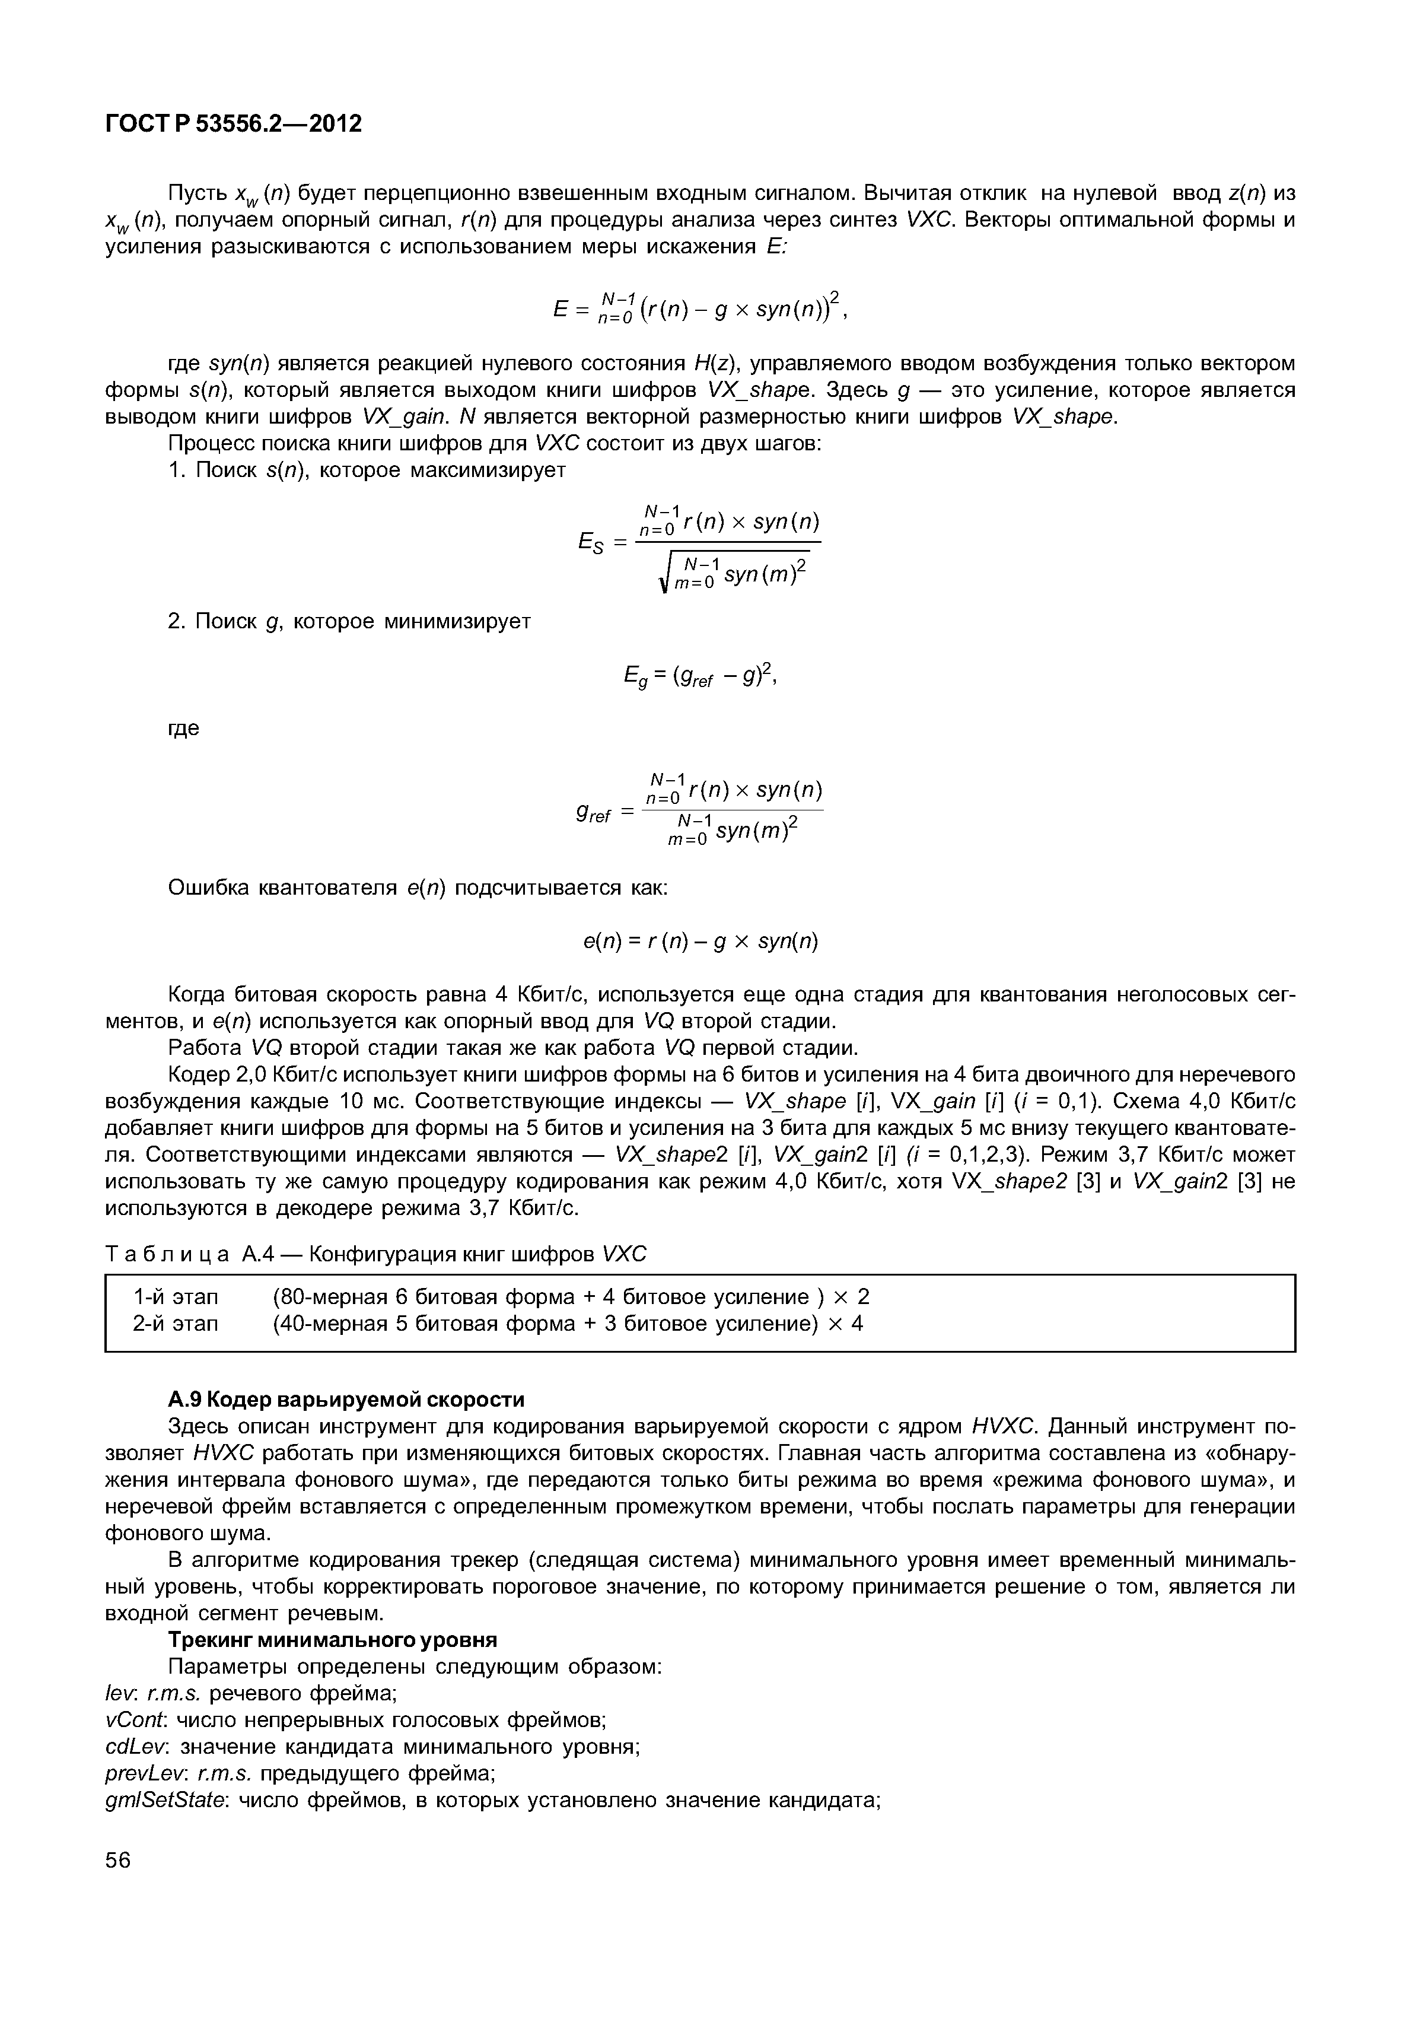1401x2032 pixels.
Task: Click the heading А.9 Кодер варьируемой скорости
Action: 346,1398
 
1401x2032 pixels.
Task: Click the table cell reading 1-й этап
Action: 176,1296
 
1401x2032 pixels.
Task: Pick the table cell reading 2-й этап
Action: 176,1324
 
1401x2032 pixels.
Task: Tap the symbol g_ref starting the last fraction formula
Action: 593,814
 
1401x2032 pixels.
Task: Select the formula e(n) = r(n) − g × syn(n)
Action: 700,942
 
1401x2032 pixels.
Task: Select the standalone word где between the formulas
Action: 183,728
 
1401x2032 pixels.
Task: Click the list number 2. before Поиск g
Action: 176,622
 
